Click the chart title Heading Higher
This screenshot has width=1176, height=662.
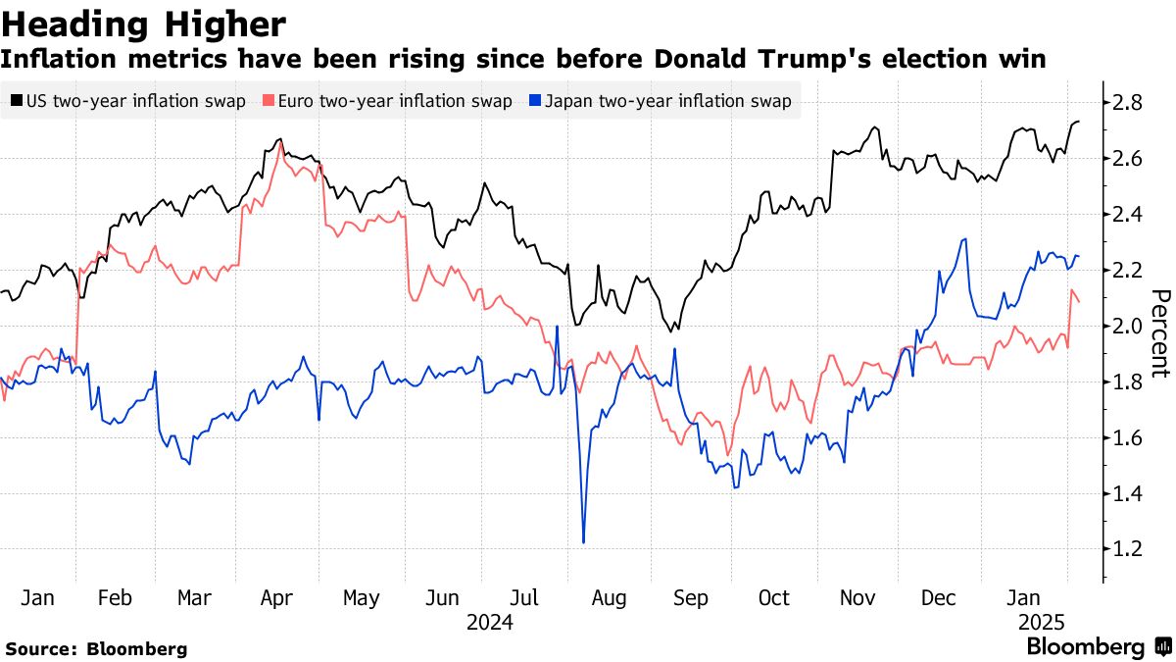click(x=144, y=23)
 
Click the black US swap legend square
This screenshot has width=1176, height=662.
click(x=17, y=101)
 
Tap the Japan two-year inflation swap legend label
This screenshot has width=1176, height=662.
click(x=667, y=101)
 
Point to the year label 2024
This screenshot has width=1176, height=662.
click(x=490, y=623)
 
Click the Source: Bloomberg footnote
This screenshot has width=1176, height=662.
click(x=96, y=648)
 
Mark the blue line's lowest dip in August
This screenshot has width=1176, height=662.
click(x=583, y=541)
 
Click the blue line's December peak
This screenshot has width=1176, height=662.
click(x=965, y=239)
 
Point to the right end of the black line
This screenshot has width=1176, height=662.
click(x=1079, y=122)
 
